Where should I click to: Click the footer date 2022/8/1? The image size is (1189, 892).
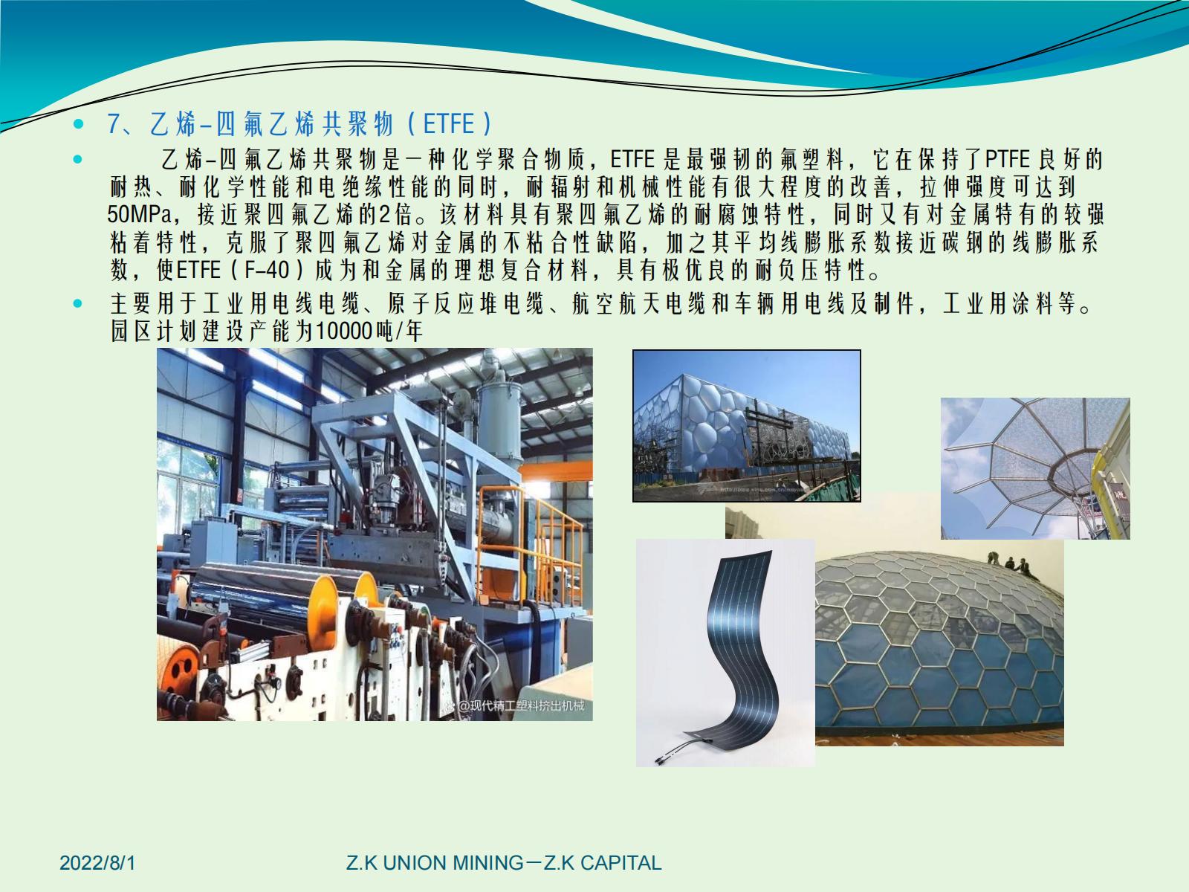pyautogui.click(x=97, y=863)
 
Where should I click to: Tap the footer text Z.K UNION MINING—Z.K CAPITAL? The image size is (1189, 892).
pyautogui.click(x=504, y=863)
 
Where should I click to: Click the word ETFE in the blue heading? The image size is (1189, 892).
pyautogui.click(x=449, y=124)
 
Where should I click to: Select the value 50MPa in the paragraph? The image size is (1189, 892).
pyautogui.click(x=140, y=215)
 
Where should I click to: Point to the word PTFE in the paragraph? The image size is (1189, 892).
pyautogui.click(x=1008, y=158)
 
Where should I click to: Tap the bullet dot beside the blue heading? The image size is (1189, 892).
pyautogui.click(x=79, y=124)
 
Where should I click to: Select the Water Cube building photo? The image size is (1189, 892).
pyautogui.click(x=746, y=426)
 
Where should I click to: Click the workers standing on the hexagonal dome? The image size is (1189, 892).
pyautogui.click(x=1009, y=563)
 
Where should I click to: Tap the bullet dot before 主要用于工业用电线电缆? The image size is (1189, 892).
pyautogui.click(x=78, y=303)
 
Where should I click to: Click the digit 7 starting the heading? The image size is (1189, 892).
pyautogui.click(x=113, y=124)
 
